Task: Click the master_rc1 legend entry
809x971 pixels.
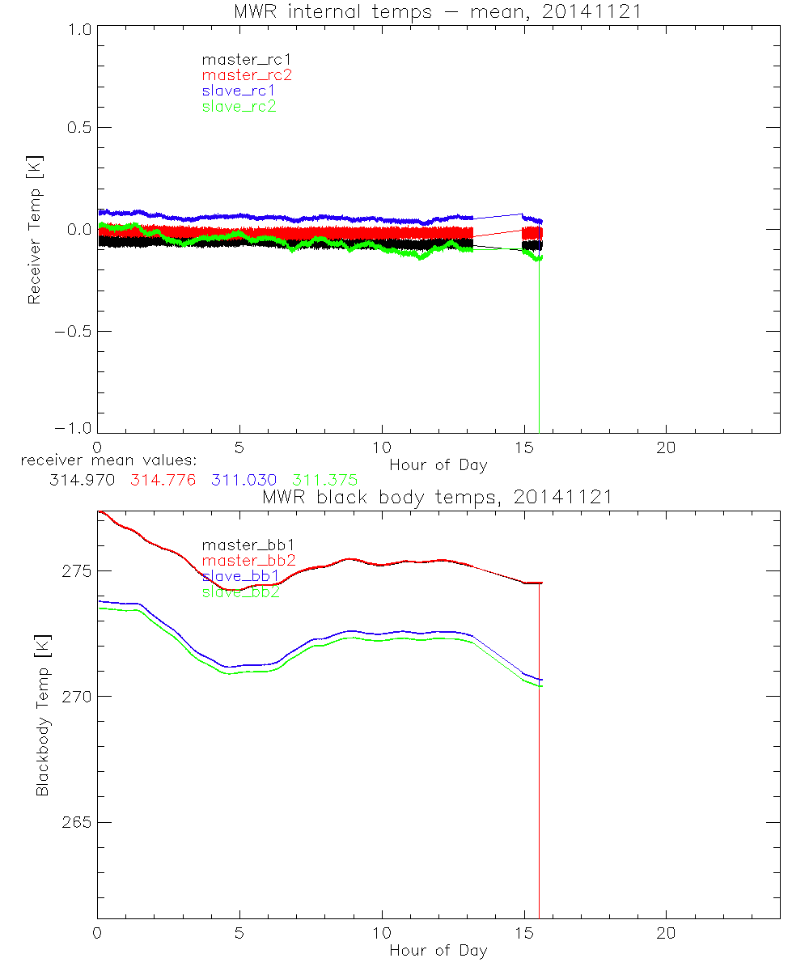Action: tap(238, 60)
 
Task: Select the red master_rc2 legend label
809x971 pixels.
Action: tap(246, 75)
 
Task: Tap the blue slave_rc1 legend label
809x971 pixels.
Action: tap(239, 91)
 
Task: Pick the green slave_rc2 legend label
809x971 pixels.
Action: tap(239, 106)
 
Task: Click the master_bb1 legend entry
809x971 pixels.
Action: tap(241, 545)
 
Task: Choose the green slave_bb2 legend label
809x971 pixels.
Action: tap(239, 592)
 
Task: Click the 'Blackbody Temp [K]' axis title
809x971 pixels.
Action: tap(41, 716)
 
